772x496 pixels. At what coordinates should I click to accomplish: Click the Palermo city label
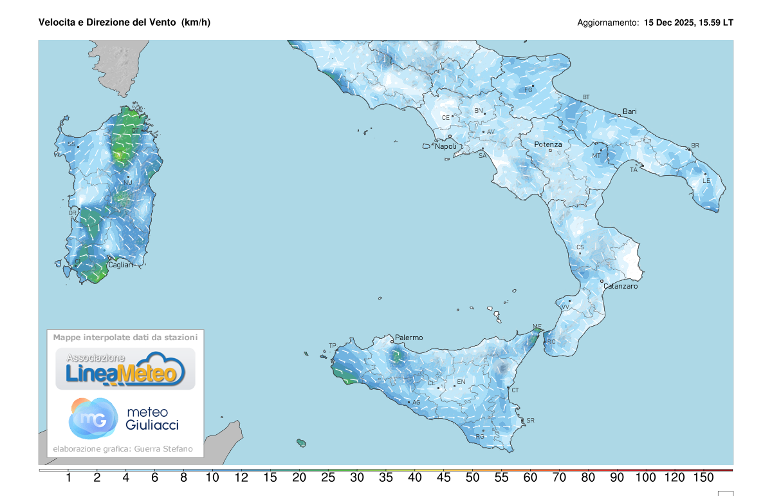coord(409,338)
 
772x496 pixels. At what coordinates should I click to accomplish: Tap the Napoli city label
coord(446,147)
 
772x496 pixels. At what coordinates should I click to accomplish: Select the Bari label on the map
coord(629,111)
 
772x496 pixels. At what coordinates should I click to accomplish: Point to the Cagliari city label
coord(120,265)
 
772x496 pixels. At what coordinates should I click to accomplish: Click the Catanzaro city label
coord(621,286)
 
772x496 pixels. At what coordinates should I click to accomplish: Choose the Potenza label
coord(548,144)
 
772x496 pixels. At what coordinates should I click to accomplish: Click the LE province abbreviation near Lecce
coord(706,181)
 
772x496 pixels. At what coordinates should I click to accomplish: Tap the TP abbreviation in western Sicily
coord(333,346)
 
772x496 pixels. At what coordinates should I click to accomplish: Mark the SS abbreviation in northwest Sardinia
coord(71,144)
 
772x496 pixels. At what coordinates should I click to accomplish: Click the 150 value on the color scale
coord(704,478)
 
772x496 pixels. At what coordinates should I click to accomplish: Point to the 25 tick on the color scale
coord(327,478)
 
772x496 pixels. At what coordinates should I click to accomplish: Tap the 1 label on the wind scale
coord(68,478)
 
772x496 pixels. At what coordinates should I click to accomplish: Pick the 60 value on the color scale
coord(530,478)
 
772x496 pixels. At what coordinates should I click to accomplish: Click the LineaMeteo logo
coord(125,369)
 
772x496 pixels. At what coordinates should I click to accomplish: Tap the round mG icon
coord(93,418)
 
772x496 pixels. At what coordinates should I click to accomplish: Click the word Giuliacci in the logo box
coord(152,425)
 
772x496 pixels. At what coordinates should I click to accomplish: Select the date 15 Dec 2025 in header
coord(670,23)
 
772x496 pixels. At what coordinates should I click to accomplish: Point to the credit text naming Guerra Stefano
coord(164,449)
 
